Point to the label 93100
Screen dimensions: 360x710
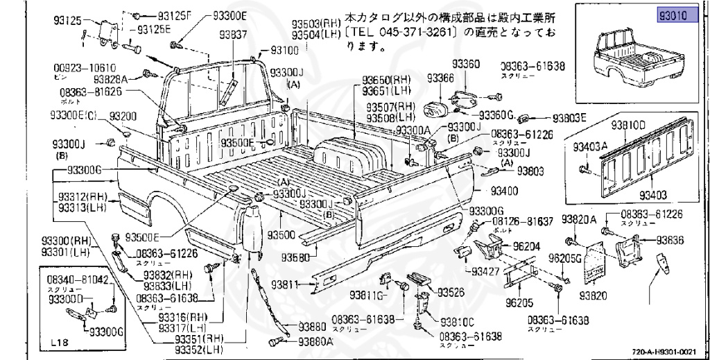[x=284, y=50]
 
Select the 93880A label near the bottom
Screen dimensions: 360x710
[x=316, y=341]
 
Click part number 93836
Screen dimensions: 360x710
[x=670, y=239]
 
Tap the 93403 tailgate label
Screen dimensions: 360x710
[x=653, y=196]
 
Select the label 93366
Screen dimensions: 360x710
[x=440, y=78]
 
